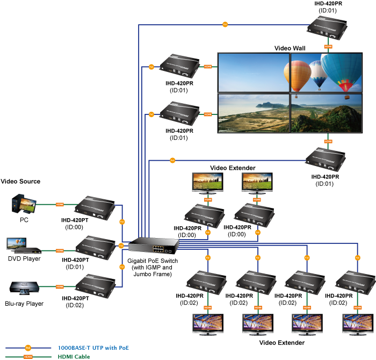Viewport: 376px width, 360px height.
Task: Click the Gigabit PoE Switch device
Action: coord(156,246)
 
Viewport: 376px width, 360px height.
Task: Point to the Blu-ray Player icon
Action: coord(24,288)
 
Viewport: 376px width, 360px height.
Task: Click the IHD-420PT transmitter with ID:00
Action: coord(96,206)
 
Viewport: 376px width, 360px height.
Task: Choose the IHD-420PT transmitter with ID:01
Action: coord(96,246)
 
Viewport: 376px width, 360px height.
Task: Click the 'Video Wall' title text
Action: coord(290,48)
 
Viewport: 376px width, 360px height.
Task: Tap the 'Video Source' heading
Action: coord(20,182)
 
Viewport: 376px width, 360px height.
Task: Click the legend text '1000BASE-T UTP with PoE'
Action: coord(93,348)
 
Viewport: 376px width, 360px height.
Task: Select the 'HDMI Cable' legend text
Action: coord(75,356)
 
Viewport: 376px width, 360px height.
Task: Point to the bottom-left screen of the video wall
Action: coord(253,112)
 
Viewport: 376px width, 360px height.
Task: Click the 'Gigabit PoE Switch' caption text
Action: coord(153,261)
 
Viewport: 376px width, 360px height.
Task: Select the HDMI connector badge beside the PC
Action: coord(60,204)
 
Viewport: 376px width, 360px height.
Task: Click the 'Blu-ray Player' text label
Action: coord(24,304)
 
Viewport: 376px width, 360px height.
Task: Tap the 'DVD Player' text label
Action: coord(24,259)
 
